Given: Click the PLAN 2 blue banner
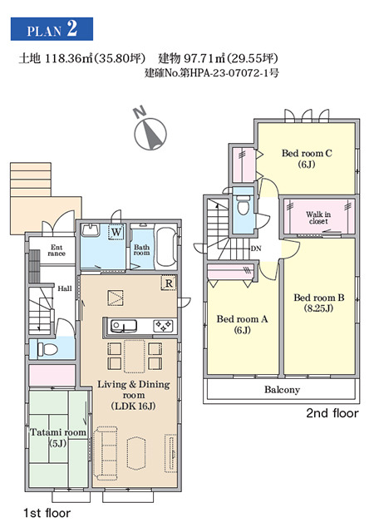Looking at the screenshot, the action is (x=52, y=29).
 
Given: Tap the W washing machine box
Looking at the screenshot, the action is (x=116, y=232).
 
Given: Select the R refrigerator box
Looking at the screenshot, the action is (x=169, y=283).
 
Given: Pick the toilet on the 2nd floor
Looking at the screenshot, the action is (x=243, y=205).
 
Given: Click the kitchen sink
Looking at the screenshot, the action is (x=124, y=326).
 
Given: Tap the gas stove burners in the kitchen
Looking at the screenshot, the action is (x=164, y=326).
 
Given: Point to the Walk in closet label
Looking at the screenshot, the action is (x=318, y=218).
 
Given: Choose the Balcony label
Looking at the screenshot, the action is (x=282, y=390).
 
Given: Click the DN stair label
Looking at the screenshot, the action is (x=256, y=249).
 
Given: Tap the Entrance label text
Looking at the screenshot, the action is (x=57, y=250).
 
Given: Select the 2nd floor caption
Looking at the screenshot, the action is (x=332, y=413).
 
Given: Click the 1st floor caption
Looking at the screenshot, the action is (x=47, y=513).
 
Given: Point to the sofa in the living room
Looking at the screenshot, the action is (x=106, y=453).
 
